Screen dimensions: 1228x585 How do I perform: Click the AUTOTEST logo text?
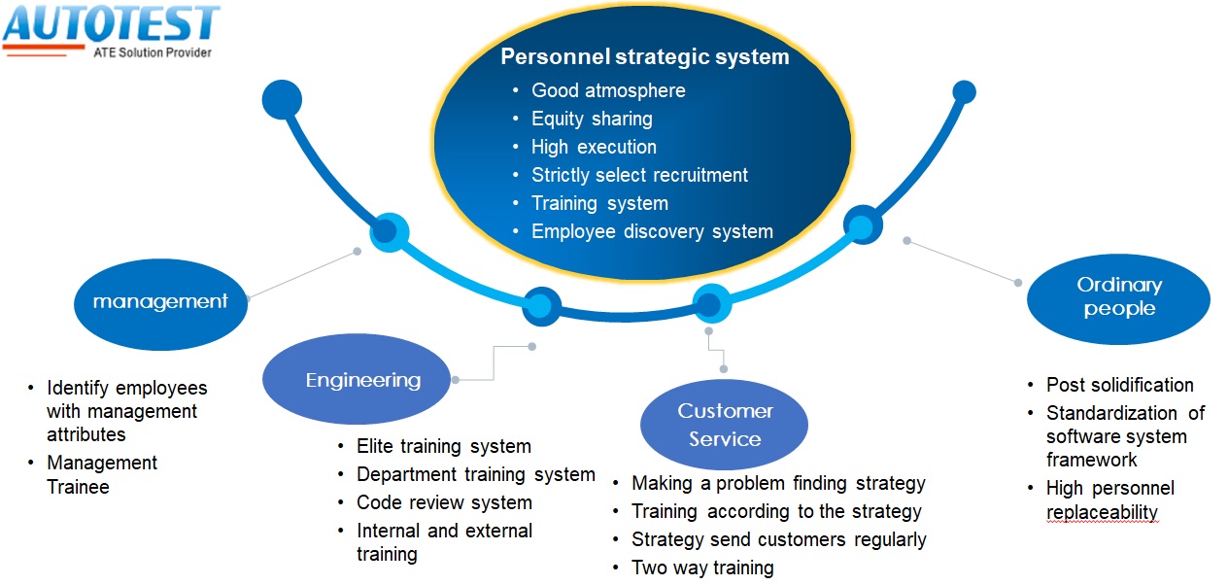pos(112,23)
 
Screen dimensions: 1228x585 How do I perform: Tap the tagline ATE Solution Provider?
pos(153,52)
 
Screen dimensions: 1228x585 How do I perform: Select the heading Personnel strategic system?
pos(645,57)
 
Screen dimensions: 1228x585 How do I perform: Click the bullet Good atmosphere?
pos(608,90)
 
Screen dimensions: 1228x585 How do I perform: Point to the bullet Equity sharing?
pos(592,119)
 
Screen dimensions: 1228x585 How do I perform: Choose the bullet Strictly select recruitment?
pos(639,176)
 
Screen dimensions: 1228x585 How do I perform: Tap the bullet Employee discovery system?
pos(653,232)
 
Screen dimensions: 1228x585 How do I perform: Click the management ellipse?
pos(160,304)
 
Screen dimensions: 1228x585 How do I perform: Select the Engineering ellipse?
pos(357,379)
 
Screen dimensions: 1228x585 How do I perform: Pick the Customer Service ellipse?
pos(724,425)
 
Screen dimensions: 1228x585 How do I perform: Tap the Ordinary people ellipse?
pos(1118,298)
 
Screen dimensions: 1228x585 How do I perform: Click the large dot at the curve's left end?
pos(282,99)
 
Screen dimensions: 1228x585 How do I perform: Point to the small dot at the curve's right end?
pos(964,91)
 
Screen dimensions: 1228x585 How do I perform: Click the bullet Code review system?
pos(444,502)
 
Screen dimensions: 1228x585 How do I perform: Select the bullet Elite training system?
pos(444,446)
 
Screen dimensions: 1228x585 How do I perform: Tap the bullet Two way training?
pos(702,568)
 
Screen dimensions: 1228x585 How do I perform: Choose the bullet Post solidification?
pos(1119,385)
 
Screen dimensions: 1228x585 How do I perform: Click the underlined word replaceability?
pos(1102,512)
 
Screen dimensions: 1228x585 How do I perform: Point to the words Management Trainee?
pos(102,475)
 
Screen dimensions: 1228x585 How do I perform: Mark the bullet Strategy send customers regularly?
pos(778,540)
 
